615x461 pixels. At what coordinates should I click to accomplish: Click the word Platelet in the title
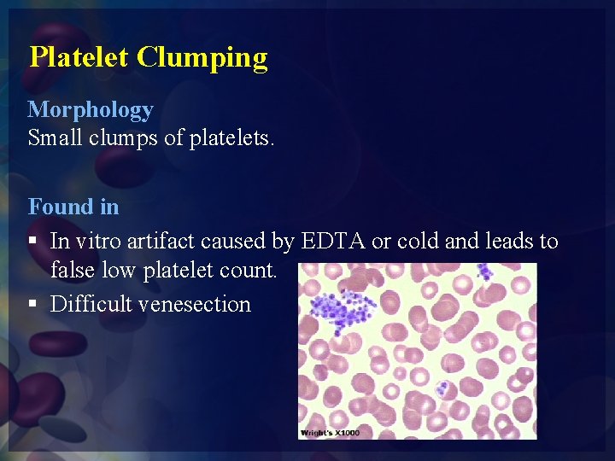(79, 57)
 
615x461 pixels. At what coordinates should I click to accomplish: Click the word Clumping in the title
(202, 58)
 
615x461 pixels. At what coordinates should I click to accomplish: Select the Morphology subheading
(91, 109)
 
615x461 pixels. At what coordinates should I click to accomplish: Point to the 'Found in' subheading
(73, 207)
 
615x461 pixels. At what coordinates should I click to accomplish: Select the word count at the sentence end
(249, 271)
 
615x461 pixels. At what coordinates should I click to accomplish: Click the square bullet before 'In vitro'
(32, 242)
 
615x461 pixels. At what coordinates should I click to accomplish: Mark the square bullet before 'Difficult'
(32, 305)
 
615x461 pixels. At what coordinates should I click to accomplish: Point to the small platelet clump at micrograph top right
(484, 272)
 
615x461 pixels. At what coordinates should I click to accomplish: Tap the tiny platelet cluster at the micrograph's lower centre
(442, 388)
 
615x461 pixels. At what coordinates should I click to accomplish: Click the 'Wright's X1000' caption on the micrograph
(331, 433)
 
